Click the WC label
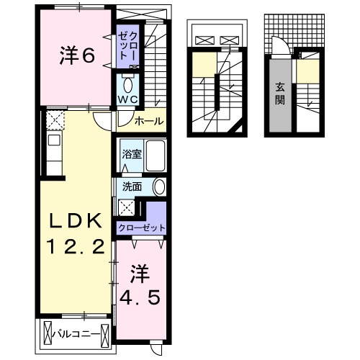coord(128,97)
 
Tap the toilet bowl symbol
coord(128,81)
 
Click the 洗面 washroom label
coord(131,186)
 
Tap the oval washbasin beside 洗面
coord(158,186)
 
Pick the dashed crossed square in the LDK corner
coord(56,119)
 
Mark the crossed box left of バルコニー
coord(48,333)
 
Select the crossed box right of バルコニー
coord(106,333)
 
